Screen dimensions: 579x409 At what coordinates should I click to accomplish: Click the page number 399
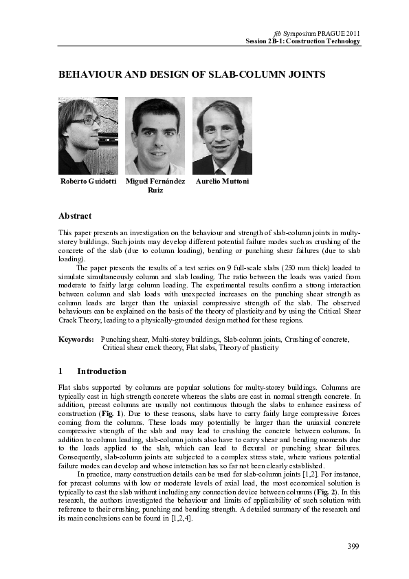click(x=353, y=547)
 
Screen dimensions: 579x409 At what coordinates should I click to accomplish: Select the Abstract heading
click(x=75, y=216)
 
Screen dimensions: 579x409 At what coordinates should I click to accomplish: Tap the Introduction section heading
click(x=102, y=371)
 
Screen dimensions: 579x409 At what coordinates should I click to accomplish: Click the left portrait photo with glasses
click(x=88, y=135)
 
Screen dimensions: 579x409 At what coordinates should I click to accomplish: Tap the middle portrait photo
click(x=155, y=135)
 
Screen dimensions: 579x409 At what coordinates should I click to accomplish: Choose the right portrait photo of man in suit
click(x=222, y=135)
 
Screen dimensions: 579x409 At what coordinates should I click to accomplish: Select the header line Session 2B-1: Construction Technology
click(x=303, y=41)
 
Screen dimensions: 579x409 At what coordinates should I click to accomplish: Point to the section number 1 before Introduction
click(x=61, y=371)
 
